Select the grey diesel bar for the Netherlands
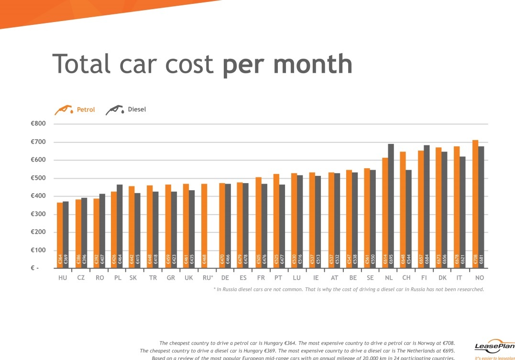391,206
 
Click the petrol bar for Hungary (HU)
60,235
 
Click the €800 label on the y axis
38,124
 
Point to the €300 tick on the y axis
38,214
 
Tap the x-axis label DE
225,278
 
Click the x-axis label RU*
208,278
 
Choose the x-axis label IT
459,278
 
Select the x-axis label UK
188,278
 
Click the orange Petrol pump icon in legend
64,110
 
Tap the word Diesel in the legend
137,109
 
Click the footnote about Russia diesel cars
349,289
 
